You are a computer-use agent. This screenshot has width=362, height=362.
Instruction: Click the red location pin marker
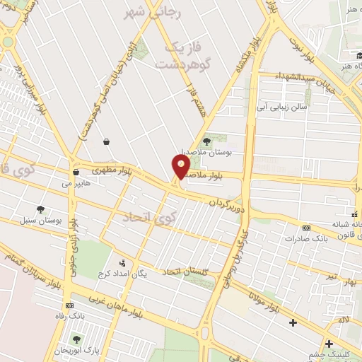(x=181, y=167)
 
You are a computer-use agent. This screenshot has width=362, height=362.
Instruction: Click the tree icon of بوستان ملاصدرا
(x=207, y=140)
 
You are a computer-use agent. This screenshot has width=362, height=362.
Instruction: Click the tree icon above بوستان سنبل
(x=40, y=209)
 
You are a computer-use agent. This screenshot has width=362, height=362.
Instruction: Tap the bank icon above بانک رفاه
(x=69, y=305)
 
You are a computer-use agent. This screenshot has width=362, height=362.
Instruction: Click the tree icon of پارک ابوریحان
(x=76, y=339)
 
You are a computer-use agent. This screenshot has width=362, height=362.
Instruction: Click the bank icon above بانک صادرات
(x=306, y=228)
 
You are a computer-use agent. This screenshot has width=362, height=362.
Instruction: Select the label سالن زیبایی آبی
(x=281, y=107)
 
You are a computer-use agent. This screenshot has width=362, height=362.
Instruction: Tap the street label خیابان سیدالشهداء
(x=312, y=81)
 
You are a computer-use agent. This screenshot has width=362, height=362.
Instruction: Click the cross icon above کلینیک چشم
(x=329, y=344)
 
